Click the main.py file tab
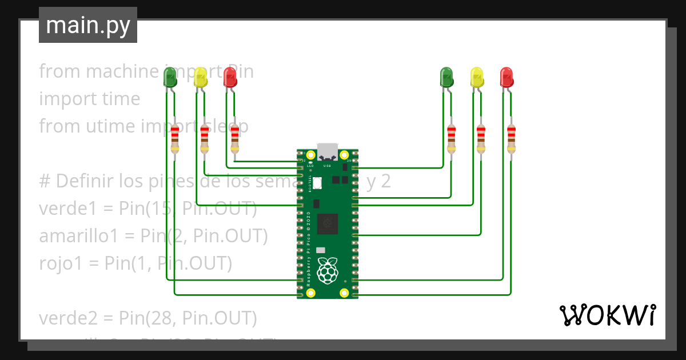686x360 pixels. point(87,26)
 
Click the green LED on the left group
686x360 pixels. point(170,77)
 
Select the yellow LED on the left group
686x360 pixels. point(200,77)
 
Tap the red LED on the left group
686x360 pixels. point(230,77)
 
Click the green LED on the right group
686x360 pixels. point(446,77)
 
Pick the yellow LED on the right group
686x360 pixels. point(476,77)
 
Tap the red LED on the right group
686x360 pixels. point(506,77)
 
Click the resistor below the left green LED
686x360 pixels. point(175,139)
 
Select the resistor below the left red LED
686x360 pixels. point(234,139)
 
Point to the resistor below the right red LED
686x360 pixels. point(511,139)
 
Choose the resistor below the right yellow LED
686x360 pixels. point(481,139)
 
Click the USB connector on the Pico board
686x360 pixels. point(328,151)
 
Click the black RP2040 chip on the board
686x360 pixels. point(328,224)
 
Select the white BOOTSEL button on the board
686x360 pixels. point(317,183)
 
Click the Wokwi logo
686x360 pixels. point(607,315)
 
